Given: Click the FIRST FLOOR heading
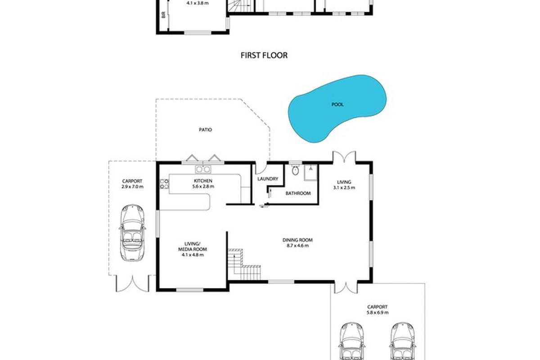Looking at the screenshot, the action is point(264,55).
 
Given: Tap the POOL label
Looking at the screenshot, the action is point(337,104).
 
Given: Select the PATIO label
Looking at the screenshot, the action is point(205,130).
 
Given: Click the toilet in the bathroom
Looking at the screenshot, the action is point(295,170).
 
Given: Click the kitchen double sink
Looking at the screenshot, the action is point(203,169).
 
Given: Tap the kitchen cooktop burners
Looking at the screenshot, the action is point(164,184).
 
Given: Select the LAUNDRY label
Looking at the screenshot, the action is point(268,179).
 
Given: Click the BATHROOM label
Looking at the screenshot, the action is point(298,193).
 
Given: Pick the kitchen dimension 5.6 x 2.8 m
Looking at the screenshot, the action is point(203,186).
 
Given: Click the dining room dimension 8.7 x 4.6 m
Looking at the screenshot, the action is point(297,246).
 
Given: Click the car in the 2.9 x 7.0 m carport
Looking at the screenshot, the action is point(132,233).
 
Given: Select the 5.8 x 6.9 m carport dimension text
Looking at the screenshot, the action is point(378,312).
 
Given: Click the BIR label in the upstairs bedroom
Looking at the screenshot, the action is point(164,15).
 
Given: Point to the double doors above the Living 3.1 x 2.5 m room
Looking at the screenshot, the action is point(344,157).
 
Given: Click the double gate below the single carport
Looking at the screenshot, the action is point(132,283).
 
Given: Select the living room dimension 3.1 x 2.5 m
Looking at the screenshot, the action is point(344,188).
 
